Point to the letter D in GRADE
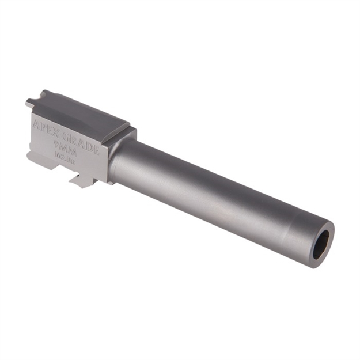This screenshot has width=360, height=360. (89, 145)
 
